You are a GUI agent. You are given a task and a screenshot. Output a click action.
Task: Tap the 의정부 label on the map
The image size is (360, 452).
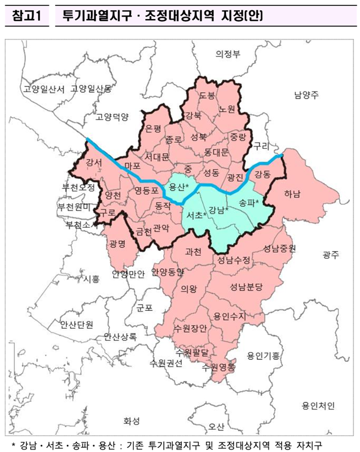tap(228, 54)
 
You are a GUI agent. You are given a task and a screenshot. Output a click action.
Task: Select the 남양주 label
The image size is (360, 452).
tap(307, 95)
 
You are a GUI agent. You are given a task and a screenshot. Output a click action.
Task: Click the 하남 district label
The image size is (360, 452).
tap(293, 193)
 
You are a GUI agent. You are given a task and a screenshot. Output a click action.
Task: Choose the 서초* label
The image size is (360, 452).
tap(196, 215)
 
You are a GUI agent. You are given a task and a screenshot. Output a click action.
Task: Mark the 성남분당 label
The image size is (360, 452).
tap(246, 287)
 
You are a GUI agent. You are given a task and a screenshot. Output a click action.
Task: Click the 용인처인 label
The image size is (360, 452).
tap(318, 407)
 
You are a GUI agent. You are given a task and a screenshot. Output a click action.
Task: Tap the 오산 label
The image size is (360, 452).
tap(216, 426)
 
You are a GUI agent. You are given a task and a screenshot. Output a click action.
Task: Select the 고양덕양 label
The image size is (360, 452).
tap(112, 117)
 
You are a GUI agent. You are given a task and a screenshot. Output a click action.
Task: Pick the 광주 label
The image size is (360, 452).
tap(330, 255)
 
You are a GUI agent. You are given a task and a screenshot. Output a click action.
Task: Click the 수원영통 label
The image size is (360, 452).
tap(219, 367)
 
